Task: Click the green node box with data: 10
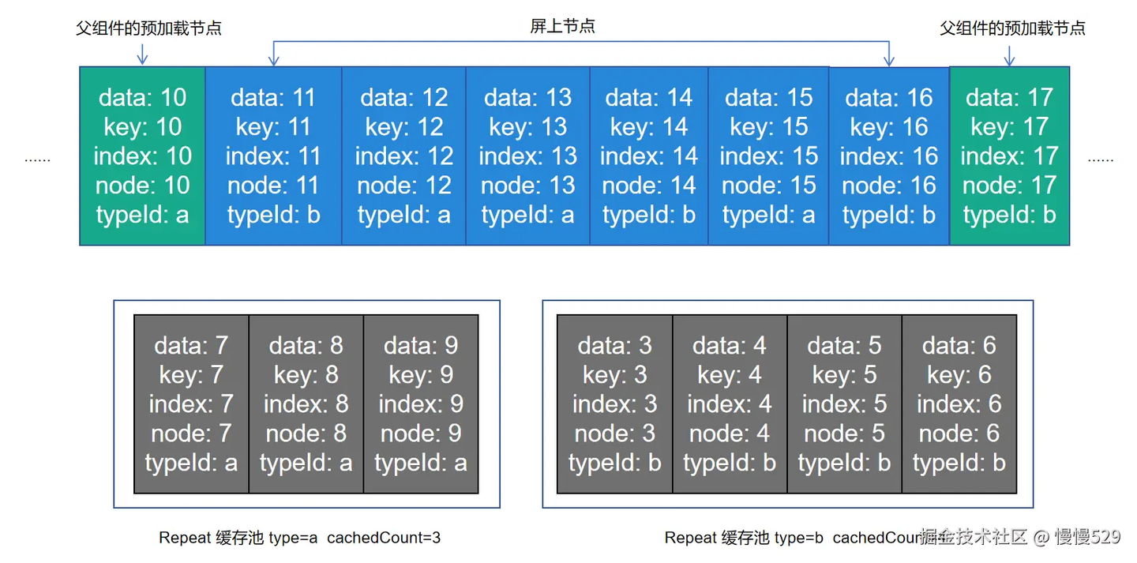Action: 142,156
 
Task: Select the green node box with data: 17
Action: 1009,156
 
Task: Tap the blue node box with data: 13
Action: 527,156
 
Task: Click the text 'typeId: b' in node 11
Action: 273,215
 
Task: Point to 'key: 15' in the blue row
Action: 768,126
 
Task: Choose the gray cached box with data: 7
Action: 191,403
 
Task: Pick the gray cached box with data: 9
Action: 421,403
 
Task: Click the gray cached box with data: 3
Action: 614,403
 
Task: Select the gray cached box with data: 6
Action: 959,403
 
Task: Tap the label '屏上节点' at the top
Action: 562,26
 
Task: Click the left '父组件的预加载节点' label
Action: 148,28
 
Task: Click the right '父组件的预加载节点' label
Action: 1012,28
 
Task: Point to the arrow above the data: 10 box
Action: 142,54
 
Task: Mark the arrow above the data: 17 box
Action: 1009,54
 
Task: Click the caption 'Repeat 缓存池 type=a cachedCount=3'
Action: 300,538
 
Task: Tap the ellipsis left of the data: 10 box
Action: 37,159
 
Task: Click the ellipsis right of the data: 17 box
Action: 1100,159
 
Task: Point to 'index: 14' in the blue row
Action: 649,156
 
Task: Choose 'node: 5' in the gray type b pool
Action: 844,433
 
